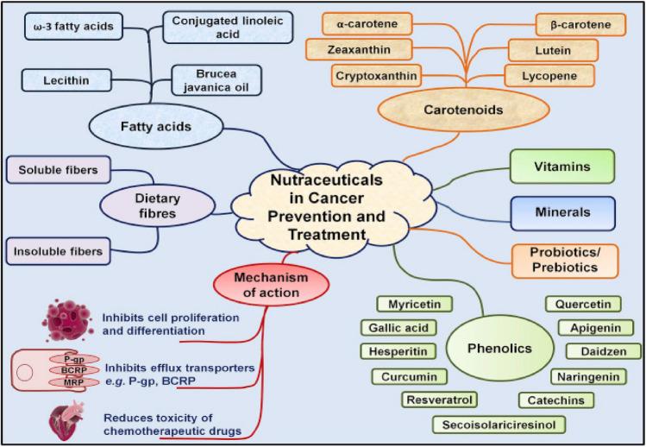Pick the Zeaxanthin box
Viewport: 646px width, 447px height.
(x=367, y=50)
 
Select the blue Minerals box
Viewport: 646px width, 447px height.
(x=561, y=212)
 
